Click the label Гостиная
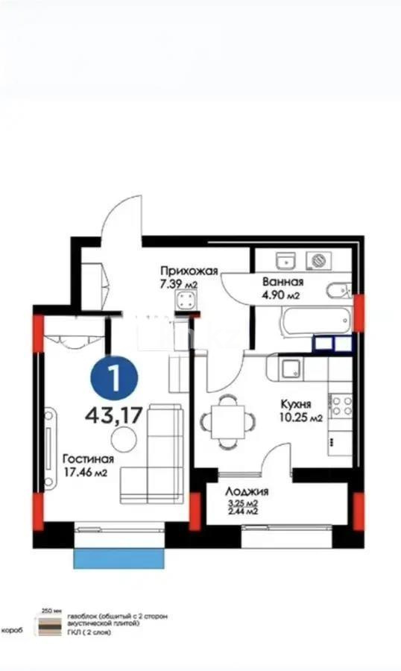pyautogui.click(x=88, y=459)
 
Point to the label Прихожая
pyautogui.click(x=189, y=271)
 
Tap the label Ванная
pyautogui.click(x=282, y=282)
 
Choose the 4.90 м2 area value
pyautogui.click(x=280, y=295)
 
